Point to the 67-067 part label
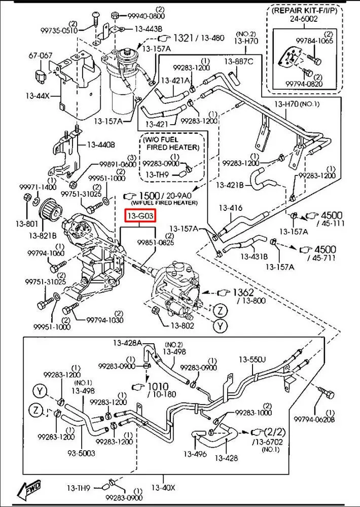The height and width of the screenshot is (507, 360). click(40, 55)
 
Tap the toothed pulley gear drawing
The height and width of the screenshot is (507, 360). click(50, 208)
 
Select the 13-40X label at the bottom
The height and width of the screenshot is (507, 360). click(163, 488)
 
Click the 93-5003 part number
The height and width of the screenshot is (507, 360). click(82, 453)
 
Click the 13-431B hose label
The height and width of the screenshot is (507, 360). click(254, 256)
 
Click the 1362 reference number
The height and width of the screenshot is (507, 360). click(243, 293)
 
